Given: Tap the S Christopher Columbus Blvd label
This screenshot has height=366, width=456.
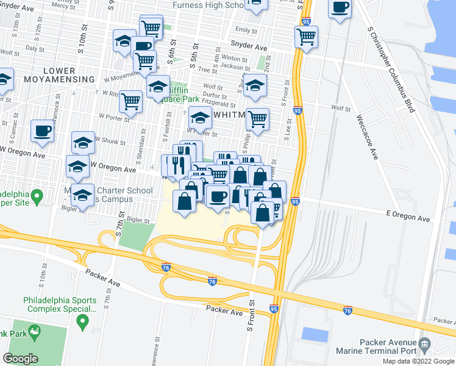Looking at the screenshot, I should (x=391, y=69).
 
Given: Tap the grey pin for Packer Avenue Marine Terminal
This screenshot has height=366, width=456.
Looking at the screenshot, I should (x=424, y=346).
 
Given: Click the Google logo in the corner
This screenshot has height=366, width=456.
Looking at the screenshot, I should (x=20, y=359).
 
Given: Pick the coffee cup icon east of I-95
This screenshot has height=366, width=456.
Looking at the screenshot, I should (x=340, y=7).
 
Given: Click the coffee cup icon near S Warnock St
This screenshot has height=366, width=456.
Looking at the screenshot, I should (x=43, y=130).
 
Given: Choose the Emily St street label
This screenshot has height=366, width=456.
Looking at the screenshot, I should (x=246, y=30).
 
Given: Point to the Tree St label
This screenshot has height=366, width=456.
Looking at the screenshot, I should (x=204, y=70).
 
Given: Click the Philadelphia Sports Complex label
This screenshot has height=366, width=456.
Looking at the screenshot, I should (x=60, y=304).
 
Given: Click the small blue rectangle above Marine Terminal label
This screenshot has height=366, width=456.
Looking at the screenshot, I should (x=315, y=334).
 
